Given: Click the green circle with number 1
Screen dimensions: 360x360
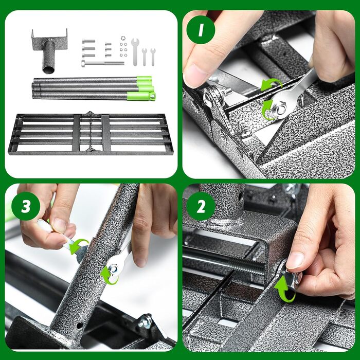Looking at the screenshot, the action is coord(201,30).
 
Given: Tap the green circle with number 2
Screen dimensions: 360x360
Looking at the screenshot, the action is coord(201,206).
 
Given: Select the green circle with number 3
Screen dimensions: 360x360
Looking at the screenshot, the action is coord(26,206).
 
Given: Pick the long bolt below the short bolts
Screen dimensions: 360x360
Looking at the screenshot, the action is coord(103,63).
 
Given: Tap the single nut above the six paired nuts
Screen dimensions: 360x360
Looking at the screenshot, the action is coord(123,38).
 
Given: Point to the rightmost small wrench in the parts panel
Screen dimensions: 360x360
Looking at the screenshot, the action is coord(153,57).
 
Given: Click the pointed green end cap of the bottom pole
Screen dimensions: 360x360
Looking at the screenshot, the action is coord(152,96).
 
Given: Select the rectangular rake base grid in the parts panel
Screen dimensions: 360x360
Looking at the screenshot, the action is coord(91,133).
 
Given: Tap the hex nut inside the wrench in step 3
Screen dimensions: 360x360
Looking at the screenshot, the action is coord(114,268).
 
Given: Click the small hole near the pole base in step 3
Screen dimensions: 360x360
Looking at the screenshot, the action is coord(79,325).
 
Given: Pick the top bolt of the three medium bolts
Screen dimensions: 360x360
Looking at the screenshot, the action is coord(88,41).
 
